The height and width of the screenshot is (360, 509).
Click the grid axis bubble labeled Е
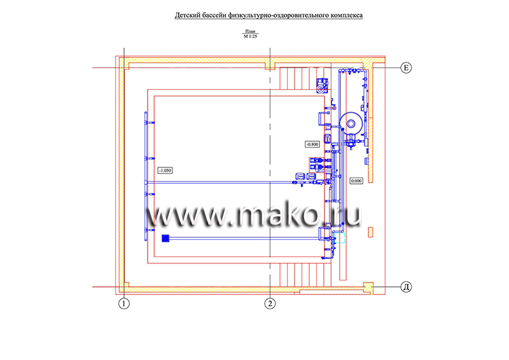click(406, 68)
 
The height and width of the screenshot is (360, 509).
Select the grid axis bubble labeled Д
click(406, 287)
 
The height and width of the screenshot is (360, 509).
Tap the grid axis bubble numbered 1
click(123, 304)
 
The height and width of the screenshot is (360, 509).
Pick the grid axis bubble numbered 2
click(270, 304)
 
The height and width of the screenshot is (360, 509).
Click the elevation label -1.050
click(165, 170)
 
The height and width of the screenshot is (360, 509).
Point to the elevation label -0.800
click(312, 144)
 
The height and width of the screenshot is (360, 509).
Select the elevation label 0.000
click(356, 181)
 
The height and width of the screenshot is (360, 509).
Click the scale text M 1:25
click(250, 36)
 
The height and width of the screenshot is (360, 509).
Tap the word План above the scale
click(250, 31)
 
